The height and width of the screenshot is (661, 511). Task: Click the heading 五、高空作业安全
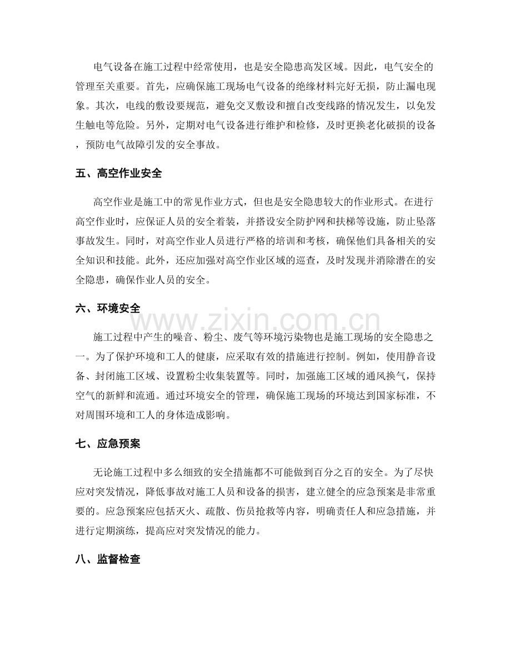coord(118,173)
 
